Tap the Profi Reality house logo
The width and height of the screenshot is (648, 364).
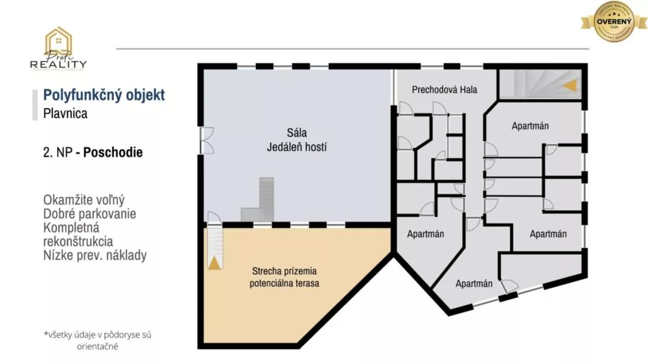pos(58,49)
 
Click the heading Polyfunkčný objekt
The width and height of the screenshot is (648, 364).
pos(104,95)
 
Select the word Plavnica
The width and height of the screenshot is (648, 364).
pos(65,113)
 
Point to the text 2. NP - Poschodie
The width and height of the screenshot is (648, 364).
pos(93,154)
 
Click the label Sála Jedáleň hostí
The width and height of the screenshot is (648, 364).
pos(297,140)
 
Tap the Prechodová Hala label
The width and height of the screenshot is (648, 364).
pos(445,89)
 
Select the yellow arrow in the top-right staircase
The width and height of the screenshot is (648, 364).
pos(570,85)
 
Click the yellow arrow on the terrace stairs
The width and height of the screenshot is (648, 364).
pos(213,263)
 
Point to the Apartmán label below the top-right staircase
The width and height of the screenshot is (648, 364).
pos(530,126)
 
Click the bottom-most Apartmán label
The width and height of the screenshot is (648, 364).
pos(474,284)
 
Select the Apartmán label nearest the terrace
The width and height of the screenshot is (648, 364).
pos(425,234)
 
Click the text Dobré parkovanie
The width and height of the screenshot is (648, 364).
pos(89,213)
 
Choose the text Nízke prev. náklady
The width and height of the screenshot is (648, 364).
pos(95,255)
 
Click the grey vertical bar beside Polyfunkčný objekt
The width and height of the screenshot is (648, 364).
pos(35,105)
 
